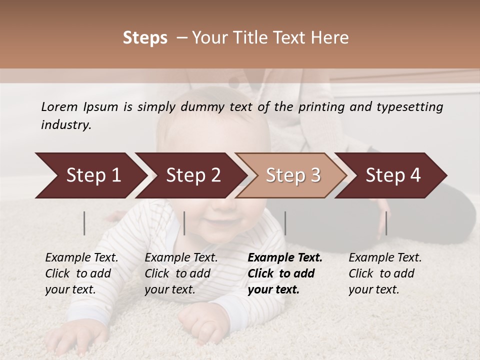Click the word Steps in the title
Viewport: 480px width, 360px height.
click(145, 38)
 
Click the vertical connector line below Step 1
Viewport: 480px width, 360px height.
click(84, 223)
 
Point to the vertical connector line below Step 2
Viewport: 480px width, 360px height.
click(184, 223)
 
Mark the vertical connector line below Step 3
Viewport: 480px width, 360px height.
click(285, 223)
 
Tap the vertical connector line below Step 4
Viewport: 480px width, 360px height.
click(386, 223)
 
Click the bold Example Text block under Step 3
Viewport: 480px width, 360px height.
click(285, 273)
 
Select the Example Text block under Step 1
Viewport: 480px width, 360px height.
click(81, 273)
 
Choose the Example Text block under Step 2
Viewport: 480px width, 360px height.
click(181, 273)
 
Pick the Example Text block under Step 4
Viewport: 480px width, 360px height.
click(385, 273)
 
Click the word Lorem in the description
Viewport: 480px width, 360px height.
click(59, 107)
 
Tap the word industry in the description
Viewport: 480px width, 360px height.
click(65, 125)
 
